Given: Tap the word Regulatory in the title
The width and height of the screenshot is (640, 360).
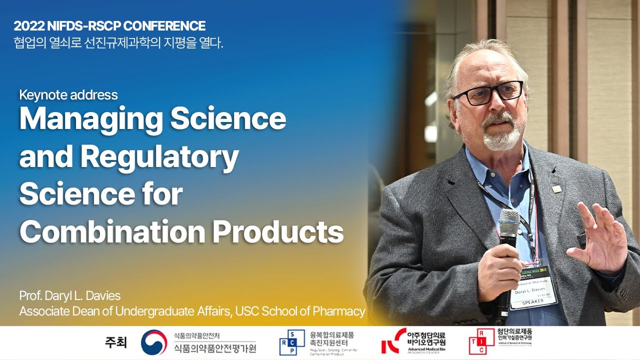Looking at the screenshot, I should click(159, 157).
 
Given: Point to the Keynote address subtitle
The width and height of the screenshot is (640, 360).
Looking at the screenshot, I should click(68, 95).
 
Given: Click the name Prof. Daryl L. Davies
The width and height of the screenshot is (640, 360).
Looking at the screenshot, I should click(70, 295).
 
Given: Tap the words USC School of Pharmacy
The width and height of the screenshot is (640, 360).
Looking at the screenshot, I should click(300, 311).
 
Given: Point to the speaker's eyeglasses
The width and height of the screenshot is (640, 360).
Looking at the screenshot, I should click(487, 93).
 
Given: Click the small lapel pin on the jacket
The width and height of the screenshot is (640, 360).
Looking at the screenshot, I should click(556, 189).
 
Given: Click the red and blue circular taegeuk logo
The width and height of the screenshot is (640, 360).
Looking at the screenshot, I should click(153, 343).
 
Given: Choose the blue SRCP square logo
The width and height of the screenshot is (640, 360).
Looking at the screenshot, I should click(291, 343).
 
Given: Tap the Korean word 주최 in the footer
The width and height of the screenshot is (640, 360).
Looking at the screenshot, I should click(115, 343).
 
